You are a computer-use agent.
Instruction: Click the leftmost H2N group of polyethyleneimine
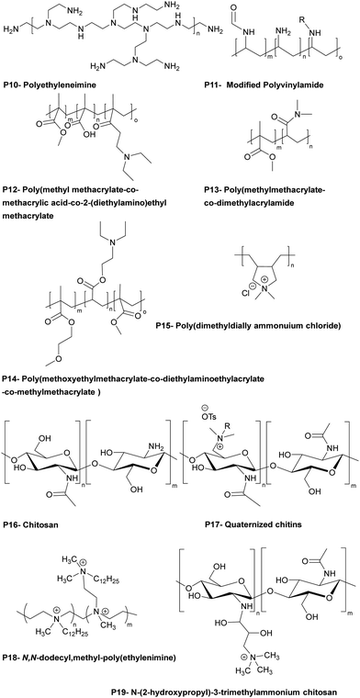click(x=12, y=32)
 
